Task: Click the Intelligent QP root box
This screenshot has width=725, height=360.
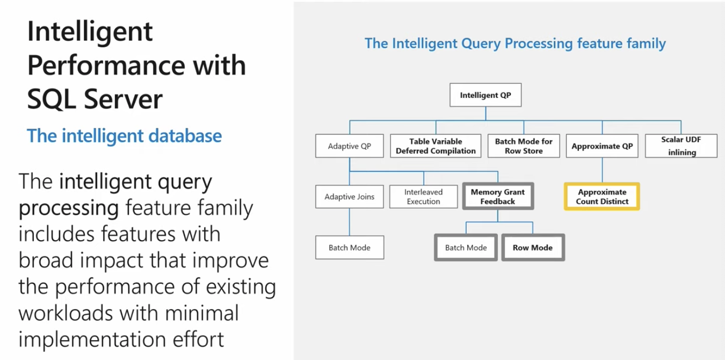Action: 485,96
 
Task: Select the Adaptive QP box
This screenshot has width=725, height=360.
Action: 350,146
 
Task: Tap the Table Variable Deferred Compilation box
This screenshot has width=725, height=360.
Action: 436,146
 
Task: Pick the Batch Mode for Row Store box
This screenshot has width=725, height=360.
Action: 524,146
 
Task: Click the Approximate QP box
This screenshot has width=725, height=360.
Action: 602,146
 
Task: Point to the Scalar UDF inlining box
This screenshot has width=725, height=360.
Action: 681,146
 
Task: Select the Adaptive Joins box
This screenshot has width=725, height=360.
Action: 350,197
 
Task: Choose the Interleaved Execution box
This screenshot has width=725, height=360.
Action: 423,197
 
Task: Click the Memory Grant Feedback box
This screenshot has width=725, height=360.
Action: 498,197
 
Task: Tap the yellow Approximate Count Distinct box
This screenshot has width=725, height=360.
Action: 602,197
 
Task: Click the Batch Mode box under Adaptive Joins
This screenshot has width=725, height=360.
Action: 350,248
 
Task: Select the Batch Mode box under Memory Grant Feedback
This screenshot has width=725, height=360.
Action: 466,248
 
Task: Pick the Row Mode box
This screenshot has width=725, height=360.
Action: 533,248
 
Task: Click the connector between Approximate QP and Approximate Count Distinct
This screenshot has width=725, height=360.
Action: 602,171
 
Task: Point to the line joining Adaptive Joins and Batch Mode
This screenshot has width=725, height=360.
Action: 350,221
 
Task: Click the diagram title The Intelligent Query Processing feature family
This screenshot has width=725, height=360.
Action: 515,44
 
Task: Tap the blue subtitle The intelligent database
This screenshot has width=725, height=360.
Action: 124,135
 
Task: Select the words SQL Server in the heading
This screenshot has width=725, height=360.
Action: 95,99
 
